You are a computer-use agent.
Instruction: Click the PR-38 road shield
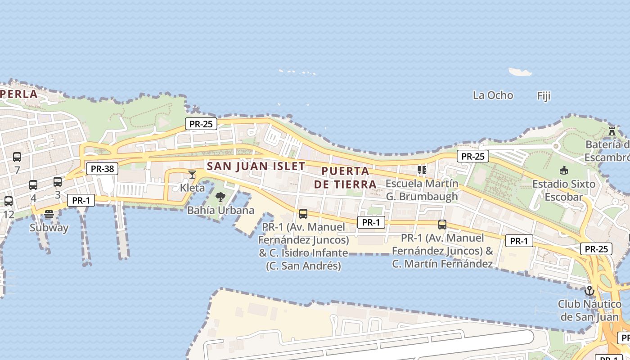(102, 169)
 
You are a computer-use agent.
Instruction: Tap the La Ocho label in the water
(493, 95)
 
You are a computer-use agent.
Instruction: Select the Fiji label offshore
(544, 96)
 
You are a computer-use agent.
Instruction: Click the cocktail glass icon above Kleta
(192, 174)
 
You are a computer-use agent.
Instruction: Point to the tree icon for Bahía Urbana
(220, 197)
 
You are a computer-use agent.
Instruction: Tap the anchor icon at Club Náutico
(589, 291)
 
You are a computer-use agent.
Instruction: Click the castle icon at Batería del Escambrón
(612, 131)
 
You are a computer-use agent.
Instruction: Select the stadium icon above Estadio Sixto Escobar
(563, 170)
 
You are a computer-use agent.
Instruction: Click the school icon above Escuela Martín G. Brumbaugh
(422, 170)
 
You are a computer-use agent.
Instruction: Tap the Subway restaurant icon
(49, 214)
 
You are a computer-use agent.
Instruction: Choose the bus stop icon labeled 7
(17, 157)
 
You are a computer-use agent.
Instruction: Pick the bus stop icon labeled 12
(9, 201)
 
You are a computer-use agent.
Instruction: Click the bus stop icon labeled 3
(58, 182)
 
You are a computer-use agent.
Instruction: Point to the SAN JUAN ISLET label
(256, 166)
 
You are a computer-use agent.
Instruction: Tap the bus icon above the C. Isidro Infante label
(303, 214)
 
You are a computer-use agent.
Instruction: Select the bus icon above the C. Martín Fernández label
(442, 225)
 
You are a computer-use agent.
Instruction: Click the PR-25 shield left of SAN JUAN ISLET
(201, 124)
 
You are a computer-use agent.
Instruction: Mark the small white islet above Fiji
(520, 72)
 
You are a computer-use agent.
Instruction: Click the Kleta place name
(192, 188)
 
